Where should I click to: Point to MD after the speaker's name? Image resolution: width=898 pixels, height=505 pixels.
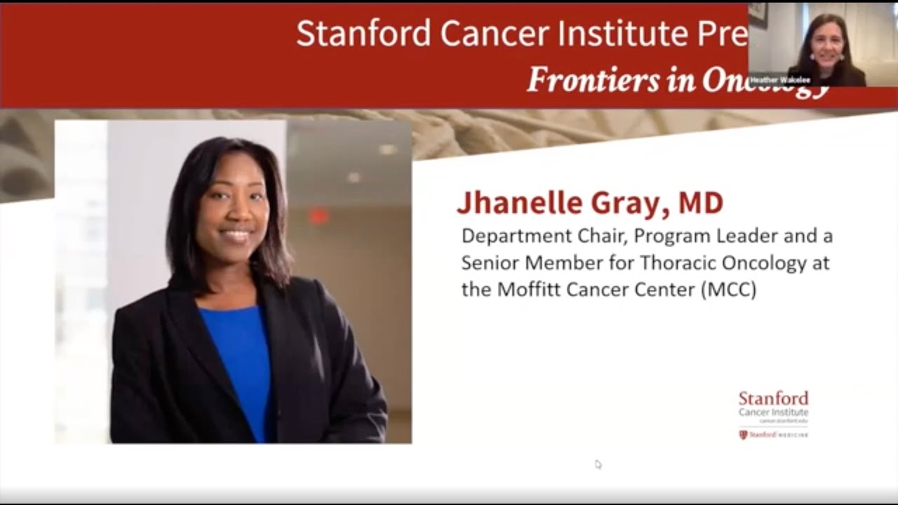click(x=700, y=203)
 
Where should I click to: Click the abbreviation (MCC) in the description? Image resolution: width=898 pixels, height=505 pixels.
click(x=728, y=290)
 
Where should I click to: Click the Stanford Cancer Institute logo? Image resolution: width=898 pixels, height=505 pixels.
click(x=773, y=405)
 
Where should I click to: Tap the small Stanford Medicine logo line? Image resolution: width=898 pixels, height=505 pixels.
click(x=773, y=435)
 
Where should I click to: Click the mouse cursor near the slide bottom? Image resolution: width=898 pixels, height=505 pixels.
click(x=597, y=464)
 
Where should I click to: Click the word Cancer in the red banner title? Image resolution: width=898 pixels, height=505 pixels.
click(x=483, y=33)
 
